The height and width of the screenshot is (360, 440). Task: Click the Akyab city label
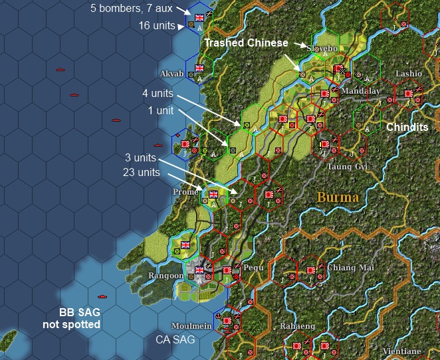(x=171, y=73)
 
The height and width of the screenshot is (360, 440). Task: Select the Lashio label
(x=408, y=73)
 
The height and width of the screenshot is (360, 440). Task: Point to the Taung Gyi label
(x=347, y=167)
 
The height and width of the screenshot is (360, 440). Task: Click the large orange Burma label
(x=338, y=197)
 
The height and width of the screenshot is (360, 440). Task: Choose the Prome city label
(x=185, y=192)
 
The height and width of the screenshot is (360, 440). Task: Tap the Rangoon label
(x=166, y=276)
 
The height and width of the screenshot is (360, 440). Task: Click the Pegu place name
(x=253, y=268)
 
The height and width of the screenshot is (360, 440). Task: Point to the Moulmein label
(x=191, y=325)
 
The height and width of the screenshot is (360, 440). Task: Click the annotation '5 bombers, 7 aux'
(x=132, y=9)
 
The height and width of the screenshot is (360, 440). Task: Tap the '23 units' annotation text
(x=142, y=172)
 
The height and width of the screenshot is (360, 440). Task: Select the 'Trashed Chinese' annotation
(x=246, y=43)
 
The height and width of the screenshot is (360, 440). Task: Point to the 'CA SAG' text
(x=175, y=339)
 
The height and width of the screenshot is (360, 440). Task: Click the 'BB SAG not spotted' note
(x=78, y=319)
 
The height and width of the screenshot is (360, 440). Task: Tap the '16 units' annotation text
(x=157, y=25)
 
